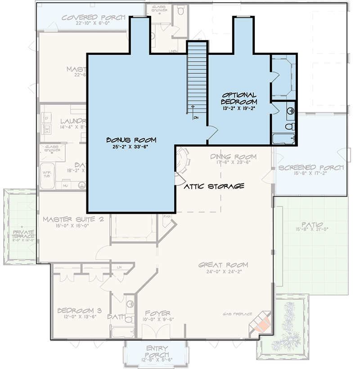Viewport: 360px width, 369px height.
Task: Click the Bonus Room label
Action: [128, 139]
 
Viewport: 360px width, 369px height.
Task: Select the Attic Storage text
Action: [214, 186]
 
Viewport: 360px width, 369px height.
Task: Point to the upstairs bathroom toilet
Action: [291, 126]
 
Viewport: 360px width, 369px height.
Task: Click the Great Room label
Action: [223, 265]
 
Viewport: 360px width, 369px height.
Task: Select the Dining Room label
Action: [233, 157]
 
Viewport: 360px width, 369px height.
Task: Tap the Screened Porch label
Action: [310, 167]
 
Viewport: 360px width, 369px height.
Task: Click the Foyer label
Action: [157, 313]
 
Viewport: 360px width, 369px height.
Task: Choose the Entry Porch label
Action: [157, 352]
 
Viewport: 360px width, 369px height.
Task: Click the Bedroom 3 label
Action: [79, 311]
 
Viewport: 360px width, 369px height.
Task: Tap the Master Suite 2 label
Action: [74, 220]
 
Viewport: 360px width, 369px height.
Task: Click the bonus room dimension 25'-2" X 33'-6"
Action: [128, 146]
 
